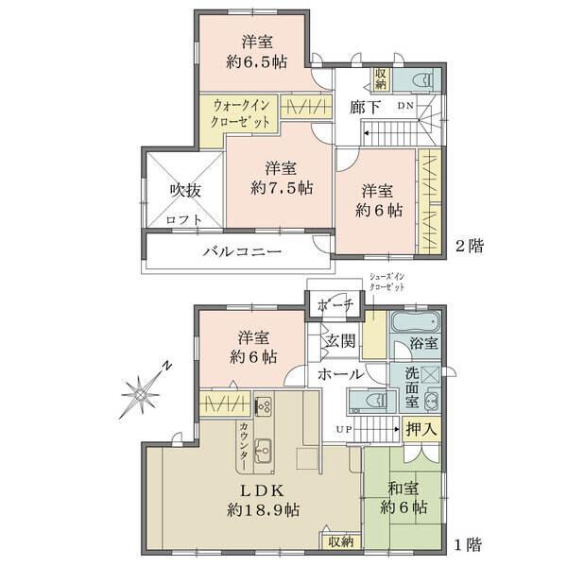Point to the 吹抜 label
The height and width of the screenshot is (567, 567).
tap(185, 190)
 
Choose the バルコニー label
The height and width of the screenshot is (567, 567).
tap(242, 252)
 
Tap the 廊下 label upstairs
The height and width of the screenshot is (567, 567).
tap(365, 107)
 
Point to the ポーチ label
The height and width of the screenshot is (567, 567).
tap(335, 306)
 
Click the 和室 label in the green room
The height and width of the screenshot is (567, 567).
tap(404, 490)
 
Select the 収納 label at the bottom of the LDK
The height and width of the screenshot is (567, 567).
tap(341, 541)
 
